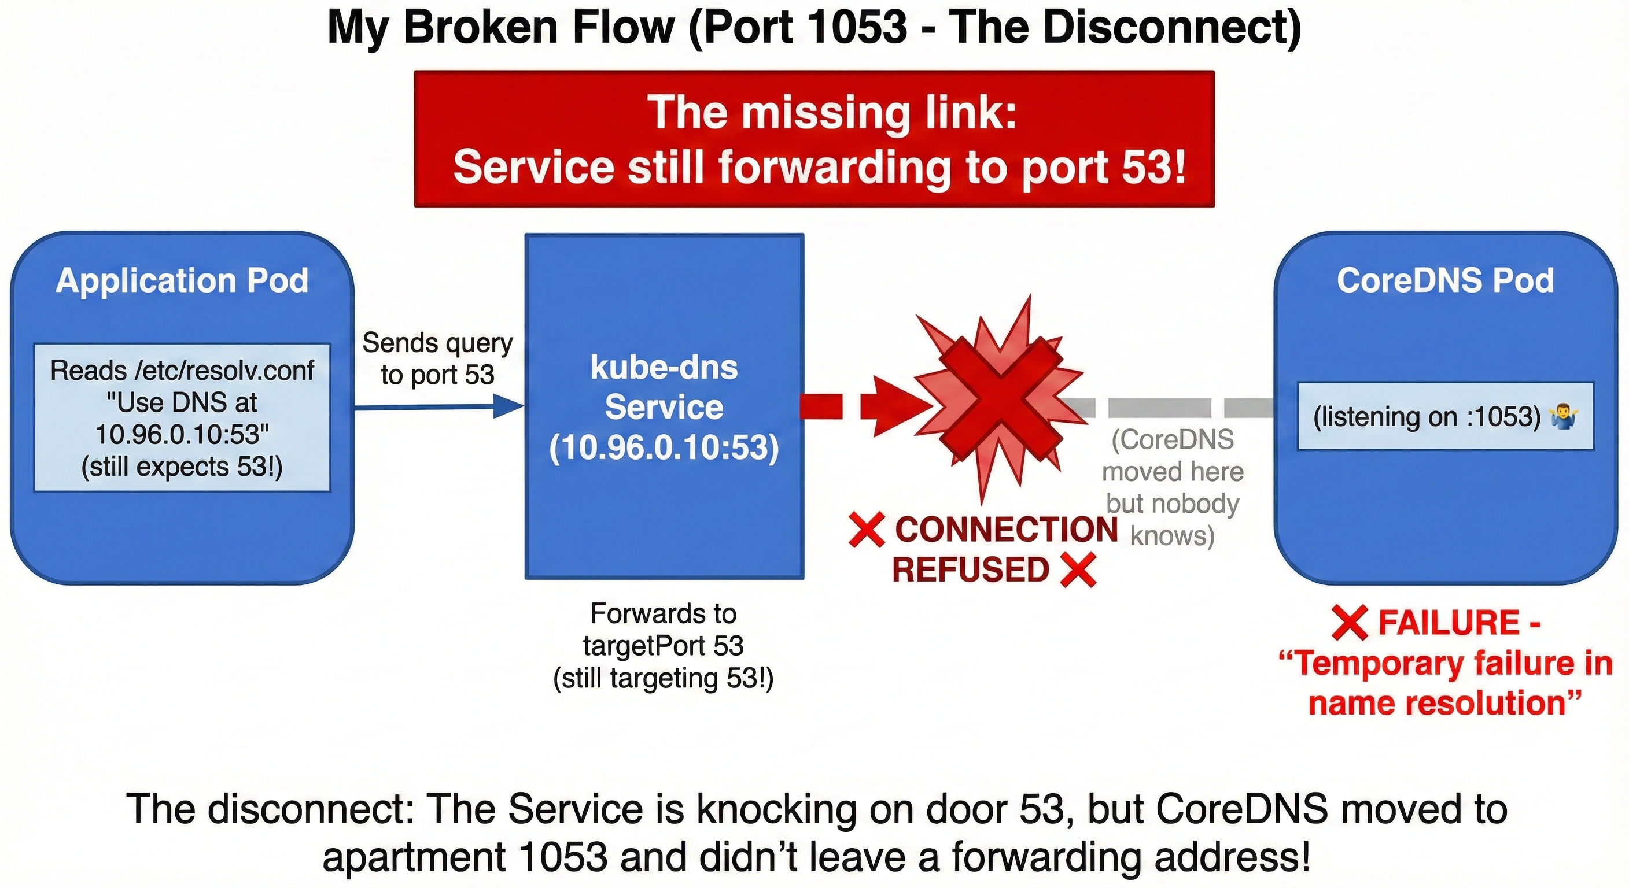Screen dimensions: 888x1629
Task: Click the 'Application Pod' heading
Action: point(182,280)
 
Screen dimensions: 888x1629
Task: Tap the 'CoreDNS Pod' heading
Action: point(1445,280)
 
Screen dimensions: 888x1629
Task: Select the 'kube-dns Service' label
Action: point(664,387)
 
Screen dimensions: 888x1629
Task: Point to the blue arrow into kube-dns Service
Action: point(506,406)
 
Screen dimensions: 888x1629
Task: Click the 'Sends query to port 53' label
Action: point(437,358)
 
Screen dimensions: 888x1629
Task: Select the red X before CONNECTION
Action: point(866,530)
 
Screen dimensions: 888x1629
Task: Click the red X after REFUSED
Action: point(1078,570)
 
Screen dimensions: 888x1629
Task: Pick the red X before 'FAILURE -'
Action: point(1349,623)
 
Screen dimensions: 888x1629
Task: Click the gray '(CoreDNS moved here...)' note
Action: point(1173,487)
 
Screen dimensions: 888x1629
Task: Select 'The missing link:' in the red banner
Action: point(832,113)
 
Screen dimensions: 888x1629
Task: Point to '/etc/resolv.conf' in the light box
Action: point(224,371)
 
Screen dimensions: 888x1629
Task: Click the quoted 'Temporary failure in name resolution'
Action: point(1445,683)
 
